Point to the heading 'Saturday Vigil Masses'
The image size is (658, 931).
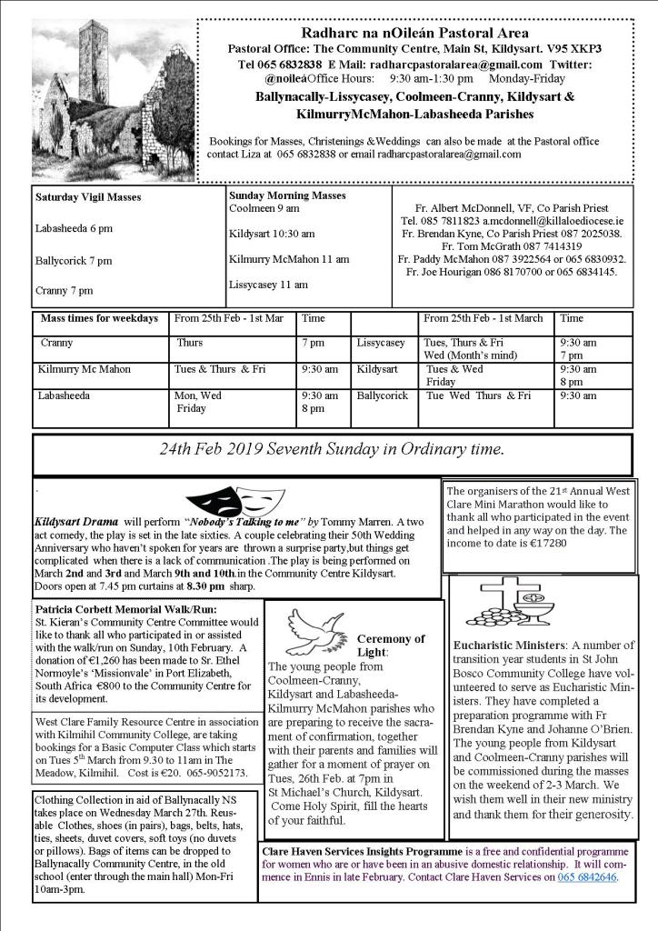(88, 196)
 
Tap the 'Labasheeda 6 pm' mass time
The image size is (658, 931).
(75, 228)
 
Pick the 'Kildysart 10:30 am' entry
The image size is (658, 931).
(273, 234)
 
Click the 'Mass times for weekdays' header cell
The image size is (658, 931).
(99, 318)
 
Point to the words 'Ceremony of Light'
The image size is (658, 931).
(390, 646)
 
